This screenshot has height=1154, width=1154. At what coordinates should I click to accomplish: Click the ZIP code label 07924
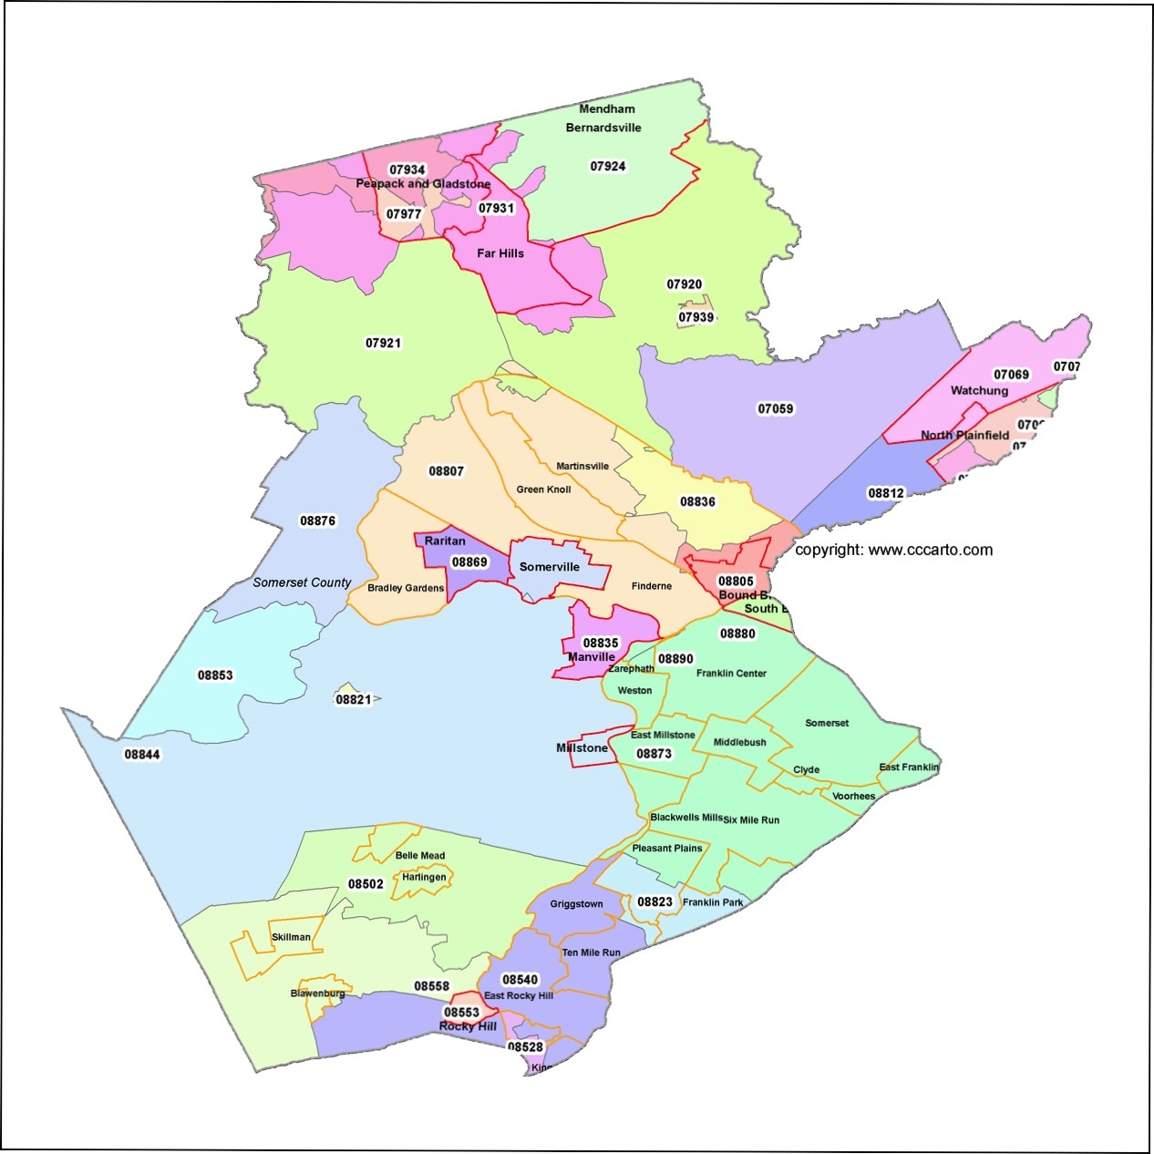point(608,166)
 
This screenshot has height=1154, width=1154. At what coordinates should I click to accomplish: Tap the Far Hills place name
point(500,253)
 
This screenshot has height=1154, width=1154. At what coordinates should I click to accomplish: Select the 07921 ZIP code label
point(383,343)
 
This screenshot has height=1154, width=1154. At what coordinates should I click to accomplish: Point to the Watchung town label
point(979,390)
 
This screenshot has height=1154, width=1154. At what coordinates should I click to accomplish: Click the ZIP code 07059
point(776,408)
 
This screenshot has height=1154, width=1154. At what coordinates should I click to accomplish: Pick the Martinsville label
point(582,466)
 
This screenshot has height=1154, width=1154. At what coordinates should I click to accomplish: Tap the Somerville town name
point(549,567)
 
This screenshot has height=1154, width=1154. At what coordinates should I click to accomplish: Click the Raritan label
point(445,541)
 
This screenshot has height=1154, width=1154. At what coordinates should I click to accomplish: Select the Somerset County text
point(302,582)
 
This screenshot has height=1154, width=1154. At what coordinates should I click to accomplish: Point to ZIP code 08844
point(142,754)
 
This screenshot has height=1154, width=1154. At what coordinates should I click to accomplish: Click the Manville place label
point(592,657)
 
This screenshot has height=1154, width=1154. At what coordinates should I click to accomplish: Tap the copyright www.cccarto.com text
point(893,550)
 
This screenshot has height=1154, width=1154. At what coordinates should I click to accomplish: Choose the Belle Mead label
point(420,855)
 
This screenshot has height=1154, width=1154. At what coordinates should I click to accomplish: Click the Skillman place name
point(291,937)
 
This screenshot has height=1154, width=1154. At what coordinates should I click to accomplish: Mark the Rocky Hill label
point(468,1026)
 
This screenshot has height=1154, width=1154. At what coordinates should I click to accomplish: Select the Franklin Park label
point(713,902)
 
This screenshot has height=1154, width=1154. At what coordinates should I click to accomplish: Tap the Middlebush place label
point(739,742)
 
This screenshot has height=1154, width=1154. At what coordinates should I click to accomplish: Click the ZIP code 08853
point(215,675)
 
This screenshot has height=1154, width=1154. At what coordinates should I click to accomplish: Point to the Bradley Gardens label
point(406,588)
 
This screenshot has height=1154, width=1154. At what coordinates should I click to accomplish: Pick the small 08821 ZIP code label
point(354,699)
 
